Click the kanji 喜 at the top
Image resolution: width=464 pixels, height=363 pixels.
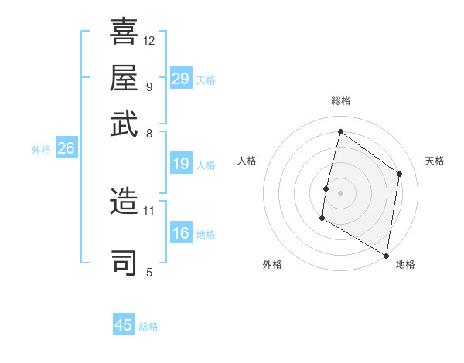click(x=124, y=32)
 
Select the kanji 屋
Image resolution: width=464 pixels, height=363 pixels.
click(x=124, y=76)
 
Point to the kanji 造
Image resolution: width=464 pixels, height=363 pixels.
click(x=124, y=202)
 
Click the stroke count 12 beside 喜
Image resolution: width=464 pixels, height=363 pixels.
click(x=149, y=40)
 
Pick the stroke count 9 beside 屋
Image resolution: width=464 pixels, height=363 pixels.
click(x=148, y=86)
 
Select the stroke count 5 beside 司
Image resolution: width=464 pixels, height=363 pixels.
click(x=148, y=271)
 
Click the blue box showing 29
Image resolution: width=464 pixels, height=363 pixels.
click(x=180, y=79)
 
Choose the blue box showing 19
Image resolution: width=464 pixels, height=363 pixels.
click(x=180, y=164)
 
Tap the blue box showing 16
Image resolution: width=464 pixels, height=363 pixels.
click(x=180, y=233)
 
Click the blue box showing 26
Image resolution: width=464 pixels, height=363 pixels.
click(x=66, y=149)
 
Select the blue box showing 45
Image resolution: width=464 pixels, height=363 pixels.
click(x=124, y=325)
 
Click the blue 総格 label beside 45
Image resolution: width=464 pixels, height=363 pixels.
click(x=148, y=327)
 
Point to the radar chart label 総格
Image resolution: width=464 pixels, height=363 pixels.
click(x=340, y=101)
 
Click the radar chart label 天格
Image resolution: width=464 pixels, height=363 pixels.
click(x=435, y=161)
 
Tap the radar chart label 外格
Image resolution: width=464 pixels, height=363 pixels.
click(x=271, y=264)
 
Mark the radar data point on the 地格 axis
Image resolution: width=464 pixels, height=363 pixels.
click(x=386, y=255)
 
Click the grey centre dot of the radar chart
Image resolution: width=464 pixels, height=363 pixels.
click(x=340, y=192)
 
